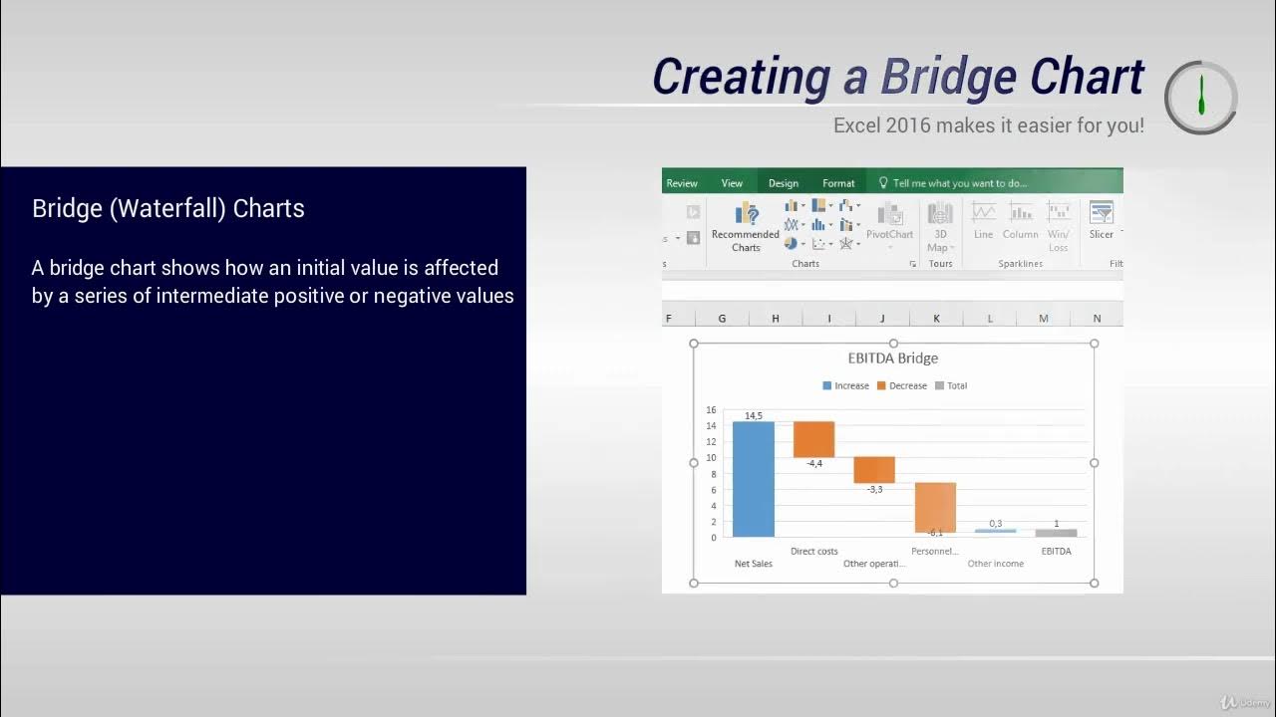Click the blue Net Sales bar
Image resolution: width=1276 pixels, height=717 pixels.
tap(753, 479)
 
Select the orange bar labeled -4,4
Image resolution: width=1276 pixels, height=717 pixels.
tap(813, 439)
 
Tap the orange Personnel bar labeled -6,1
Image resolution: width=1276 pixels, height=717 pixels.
tap(935, 507)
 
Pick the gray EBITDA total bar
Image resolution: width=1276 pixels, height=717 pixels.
tap(1056, 533)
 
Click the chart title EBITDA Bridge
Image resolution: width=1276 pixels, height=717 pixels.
tap(892, 358)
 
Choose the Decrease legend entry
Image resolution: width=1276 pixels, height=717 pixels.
tap(902, 385)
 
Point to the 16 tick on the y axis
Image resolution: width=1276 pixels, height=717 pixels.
tap(711, 409)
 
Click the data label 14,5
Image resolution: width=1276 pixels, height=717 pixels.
tap(754, 415)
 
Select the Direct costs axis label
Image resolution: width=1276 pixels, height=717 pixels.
tap(813, 551)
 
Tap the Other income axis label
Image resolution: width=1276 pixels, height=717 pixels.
tap(995, 564)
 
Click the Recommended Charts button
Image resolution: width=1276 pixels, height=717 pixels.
tap(746, 227)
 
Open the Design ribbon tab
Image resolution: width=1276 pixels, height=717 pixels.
tap(784, 183)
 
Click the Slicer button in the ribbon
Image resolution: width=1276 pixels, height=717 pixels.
tap(1101, 221)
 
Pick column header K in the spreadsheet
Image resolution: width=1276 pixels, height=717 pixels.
tap(936, 319)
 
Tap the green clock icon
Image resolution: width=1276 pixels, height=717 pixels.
tap(1201, 97)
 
